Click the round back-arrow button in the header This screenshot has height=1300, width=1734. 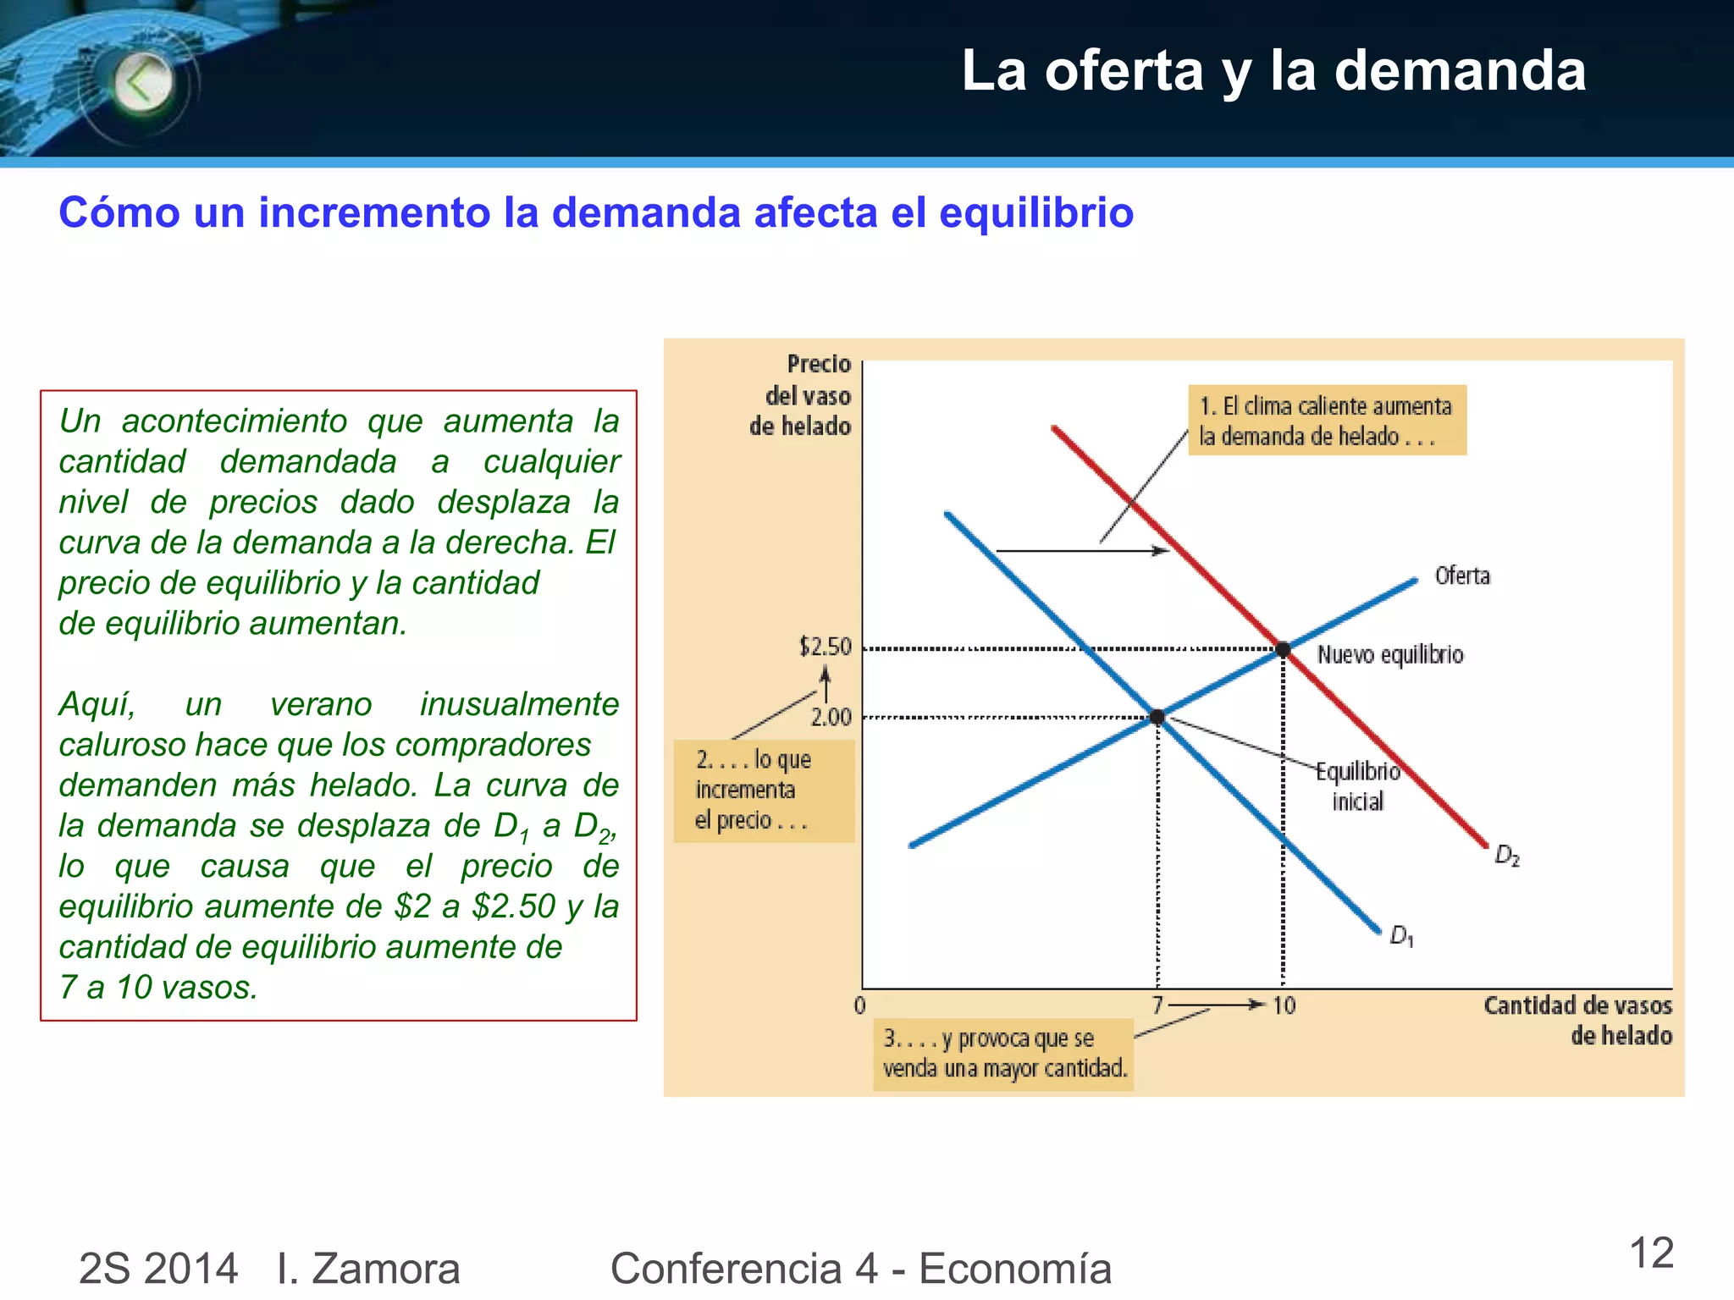click(143, 83)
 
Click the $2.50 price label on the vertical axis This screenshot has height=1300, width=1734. click(825, 647)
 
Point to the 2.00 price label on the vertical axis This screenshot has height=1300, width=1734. click(831, 718)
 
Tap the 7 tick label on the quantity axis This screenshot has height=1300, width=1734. click(1157, 1005)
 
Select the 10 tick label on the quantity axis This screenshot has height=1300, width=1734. click(1284, 1005)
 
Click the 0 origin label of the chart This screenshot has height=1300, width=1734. click(859, 1005)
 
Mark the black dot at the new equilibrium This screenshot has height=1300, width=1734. click(1283, 649)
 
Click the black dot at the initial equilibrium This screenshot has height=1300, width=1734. click(1157, 717)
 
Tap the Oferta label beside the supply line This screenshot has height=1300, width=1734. click(1462, 576)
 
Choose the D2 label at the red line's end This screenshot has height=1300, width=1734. click(1507, 856)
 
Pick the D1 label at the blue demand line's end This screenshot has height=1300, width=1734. click(1401, 935)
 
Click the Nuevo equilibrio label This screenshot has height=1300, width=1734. click(1390, 654)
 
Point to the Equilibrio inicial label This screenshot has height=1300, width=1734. click(1358, 785)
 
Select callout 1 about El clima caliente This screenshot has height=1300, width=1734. click(1327, 421)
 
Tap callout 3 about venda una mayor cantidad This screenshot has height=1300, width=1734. click(1003, 1054)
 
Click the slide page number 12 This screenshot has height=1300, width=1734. click(1651, 1253)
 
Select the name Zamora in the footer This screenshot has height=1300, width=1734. click(385, 1268)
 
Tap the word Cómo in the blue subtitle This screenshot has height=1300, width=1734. click(119, 212)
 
